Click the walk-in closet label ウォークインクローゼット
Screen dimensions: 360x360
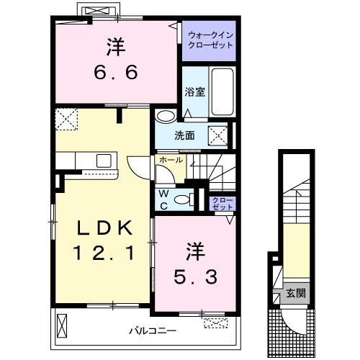click(210, 40)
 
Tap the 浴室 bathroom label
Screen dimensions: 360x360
click(195, 92)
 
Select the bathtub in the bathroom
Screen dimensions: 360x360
click(222, 91)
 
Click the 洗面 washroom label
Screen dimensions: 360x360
click(184, 136)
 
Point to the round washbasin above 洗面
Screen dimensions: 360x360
click(166, 116)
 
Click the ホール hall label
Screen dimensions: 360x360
click(171, 160)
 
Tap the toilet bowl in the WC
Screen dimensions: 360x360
click(184, 199)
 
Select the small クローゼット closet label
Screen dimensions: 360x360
click(222, 204)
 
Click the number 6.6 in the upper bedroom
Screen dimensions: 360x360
click(116, 72)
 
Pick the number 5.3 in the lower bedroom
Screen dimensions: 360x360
click(196, 276)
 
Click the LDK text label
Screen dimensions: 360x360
click(104, 228)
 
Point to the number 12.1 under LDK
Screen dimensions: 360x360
click(104, 253)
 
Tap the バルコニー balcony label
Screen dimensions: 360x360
click(153, 331)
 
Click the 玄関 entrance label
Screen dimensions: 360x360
click(296, 293)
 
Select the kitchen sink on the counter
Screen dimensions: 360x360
click(104, 161)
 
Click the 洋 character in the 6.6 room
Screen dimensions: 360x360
click(116, 47)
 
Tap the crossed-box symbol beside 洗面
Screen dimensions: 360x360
click(217, 136)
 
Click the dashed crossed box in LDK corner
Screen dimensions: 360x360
click(66, 120)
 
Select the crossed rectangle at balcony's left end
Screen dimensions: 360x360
click(62, 326)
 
